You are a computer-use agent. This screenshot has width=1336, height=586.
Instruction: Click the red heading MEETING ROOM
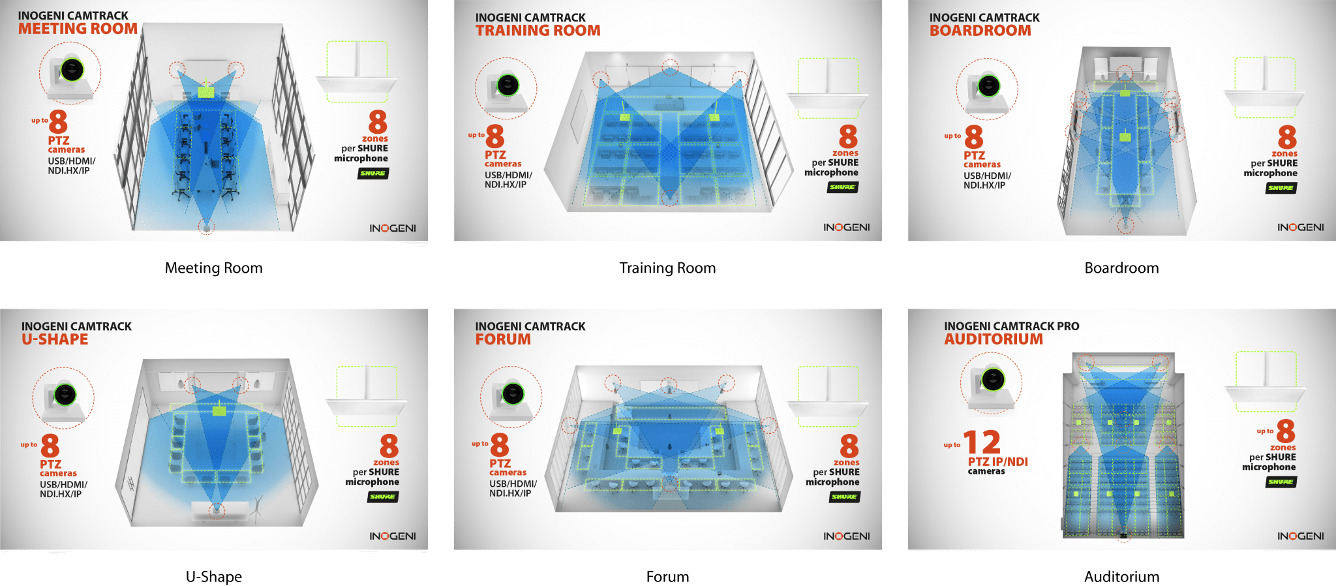(x=78, y=29)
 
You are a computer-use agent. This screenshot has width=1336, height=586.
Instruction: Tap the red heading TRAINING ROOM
(x=538, y=31)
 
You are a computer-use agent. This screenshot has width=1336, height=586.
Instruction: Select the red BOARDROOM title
(x=980, y=31)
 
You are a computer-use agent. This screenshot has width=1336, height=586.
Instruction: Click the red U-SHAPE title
(x=55, y=339)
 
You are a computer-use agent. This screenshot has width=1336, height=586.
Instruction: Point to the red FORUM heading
(x=503, y=339)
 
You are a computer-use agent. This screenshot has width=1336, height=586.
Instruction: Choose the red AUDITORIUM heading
(x=993, y=339)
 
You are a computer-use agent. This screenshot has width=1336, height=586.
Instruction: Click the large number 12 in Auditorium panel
(x=982, y=442)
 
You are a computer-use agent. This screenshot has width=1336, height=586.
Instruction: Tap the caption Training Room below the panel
(x=667, y=268)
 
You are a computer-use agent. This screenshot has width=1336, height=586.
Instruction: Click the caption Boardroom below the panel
(x=1121, y=268)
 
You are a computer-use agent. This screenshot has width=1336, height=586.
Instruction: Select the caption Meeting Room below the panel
(x=213, y=268)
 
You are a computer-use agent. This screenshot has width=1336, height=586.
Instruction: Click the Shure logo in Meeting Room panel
(x=372, y=174)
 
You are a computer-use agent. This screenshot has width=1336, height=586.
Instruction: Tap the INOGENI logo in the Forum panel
(x=846, y=536)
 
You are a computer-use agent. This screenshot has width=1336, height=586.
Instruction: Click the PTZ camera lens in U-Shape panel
(x=65, y=394)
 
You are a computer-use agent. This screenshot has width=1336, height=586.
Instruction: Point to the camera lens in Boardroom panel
(x=989, y=86)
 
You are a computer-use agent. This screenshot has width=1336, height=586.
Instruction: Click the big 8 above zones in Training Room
(x=847, y=137)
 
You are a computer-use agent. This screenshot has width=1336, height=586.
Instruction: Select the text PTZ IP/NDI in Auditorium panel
(x=997, y=461)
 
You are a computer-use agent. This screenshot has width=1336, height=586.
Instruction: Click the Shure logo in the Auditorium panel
(x=1281, y=482)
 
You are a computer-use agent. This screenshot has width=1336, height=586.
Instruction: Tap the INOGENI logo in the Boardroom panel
(x=1300, y=227)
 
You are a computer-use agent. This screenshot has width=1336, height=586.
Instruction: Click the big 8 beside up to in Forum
(x=500, y=445)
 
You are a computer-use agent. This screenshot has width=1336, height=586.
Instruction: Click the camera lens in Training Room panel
(x=508, y=85)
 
